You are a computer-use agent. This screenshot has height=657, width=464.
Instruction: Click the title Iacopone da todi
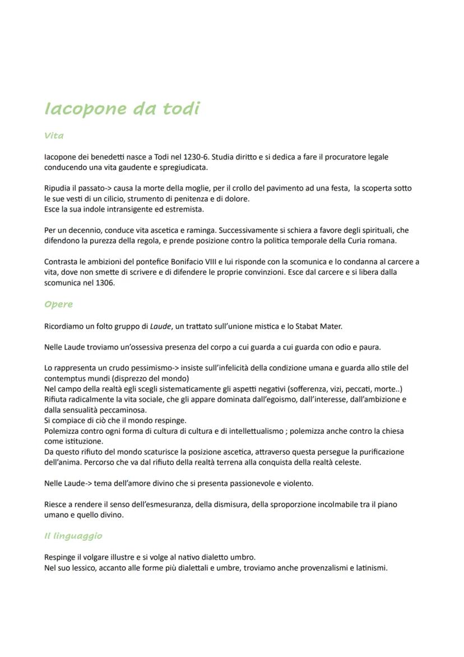122,108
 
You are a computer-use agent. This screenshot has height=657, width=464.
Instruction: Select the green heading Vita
54,136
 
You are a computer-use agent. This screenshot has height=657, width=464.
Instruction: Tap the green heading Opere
58,304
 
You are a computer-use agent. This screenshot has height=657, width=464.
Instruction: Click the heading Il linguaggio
73,536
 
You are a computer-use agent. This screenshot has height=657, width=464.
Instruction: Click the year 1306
104,283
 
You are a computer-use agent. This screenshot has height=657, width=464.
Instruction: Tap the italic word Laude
160,326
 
